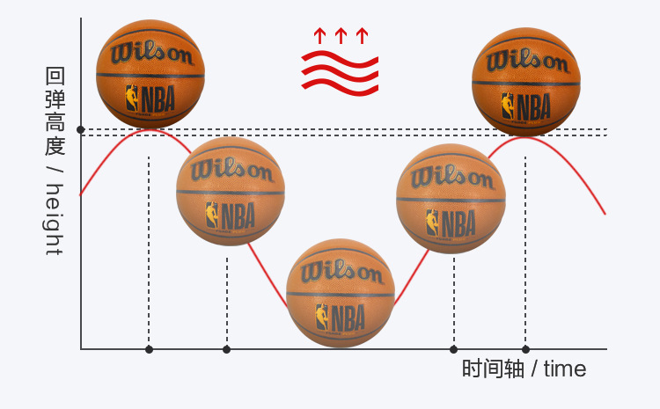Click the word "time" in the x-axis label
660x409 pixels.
click(565, 369)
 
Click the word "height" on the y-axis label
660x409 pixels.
click(55, 219)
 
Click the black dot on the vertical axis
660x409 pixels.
click(81, 130)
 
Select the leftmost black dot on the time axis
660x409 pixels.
click(149, 349)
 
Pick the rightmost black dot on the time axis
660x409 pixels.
click(525, 349)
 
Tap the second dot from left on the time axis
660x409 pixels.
click(226, 349)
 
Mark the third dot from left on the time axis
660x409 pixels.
click(454, 349)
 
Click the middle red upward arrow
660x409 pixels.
click(341, 36)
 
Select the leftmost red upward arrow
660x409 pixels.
click(319, 36)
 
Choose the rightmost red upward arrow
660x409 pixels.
click(362, 36)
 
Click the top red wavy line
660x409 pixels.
click(340, 58)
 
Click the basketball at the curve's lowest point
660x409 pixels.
click(341, 293)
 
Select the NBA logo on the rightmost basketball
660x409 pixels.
click(525, 106)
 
